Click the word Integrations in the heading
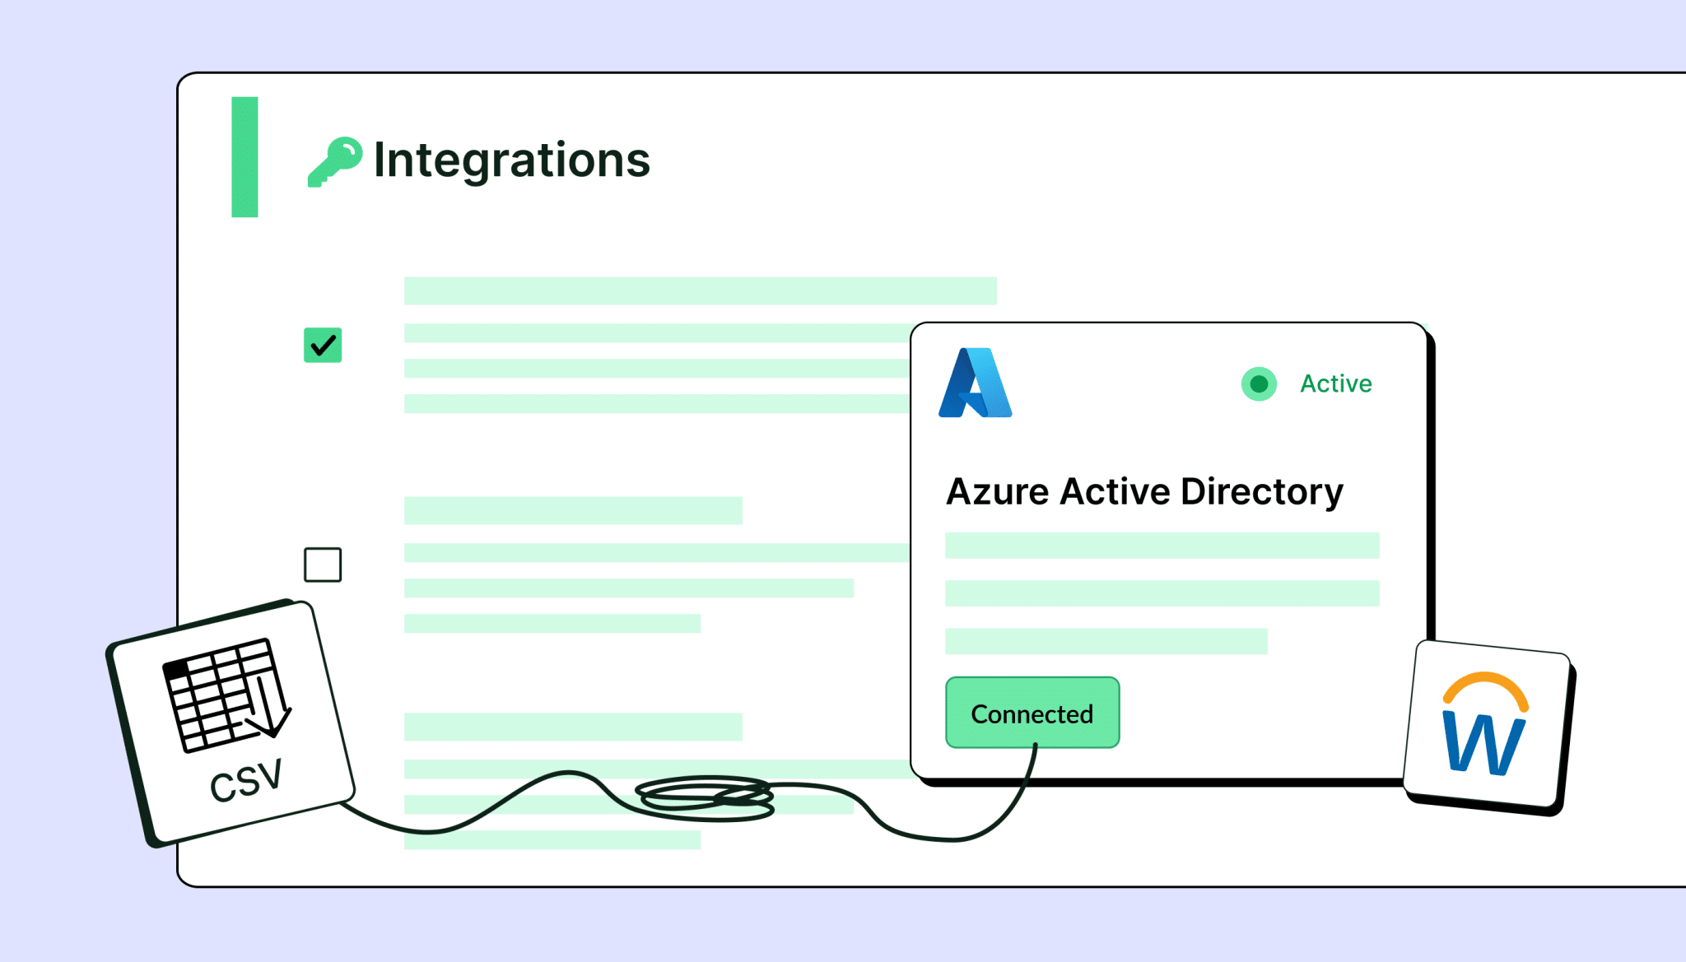(512, 160)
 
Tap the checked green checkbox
(323, 346)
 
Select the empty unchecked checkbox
(323, 565)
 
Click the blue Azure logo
(976, 383)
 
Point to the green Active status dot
(1259, 383)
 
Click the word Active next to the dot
(1336, 383)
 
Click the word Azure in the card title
(998, 492)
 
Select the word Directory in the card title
(1262, 493)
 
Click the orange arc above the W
(1486, 687)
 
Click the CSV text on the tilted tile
(246, 781)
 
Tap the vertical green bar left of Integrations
(245, 157)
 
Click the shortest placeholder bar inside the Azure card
(1106, 641)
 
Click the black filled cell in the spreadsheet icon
(176, 670)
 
